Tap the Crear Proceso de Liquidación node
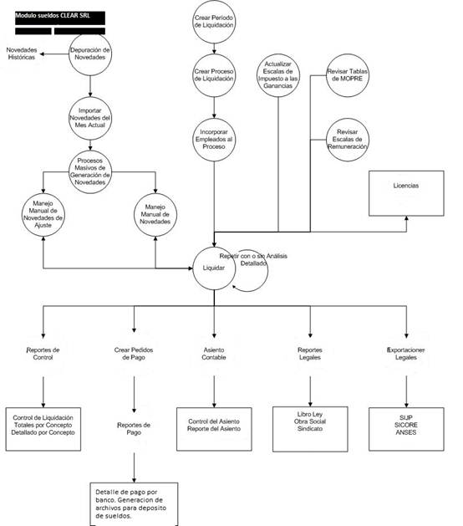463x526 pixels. tap(214, 76)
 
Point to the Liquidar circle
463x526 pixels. tap(214, 268)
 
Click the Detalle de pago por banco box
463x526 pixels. tap(134, 503)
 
